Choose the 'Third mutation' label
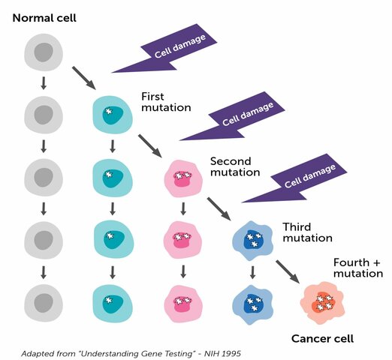(306, 232)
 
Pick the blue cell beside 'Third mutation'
(252, 239)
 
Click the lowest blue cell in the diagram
(252, 302)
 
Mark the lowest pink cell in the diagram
(182, 302)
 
